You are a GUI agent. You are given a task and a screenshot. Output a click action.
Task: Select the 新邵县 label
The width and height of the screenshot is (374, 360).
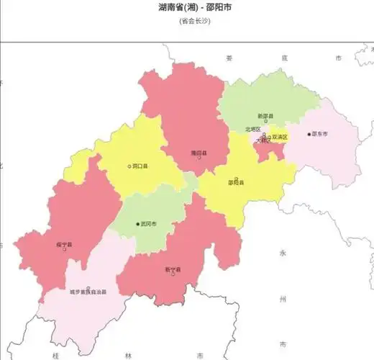pos(266,116)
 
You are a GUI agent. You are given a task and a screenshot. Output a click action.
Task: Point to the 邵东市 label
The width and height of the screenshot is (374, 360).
pos(319,134)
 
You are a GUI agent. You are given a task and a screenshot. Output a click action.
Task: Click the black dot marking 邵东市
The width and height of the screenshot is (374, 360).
pos(309,134)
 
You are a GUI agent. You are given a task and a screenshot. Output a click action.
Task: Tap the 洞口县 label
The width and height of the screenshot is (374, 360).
pos(140,166)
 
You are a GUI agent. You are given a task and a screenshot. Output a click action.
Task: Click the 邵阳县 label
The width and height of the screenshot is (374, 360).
pos(236,182)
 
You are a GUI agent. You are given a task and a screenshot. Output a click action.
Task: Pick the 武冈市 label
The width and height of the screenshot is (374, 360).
pos(149,224)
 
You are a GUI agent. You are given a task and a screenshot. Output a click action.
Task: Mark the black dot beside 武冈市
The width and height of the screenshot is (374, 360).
pos(138,224)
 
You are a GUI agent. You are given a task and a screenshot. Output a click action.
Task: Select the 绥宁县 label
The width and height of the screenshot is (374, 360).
pos(64,245)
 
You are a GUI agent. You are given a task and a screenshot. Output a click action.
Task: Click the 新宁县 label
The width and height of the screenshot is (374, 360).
pos(173,270)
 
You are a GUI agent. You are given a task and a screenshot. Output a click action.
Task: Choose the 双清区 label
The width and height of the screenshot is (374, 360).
pos(279,136)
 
